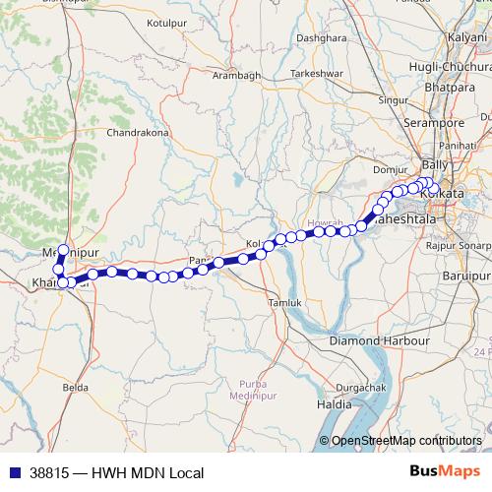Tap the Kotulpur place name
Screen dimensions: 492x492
point(165,21)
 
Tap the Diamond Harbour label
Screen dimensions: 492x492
point(380,339)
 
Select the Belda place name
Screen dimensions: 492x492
point(76,389)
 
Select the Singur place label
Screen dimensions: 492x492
point(393,99)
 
